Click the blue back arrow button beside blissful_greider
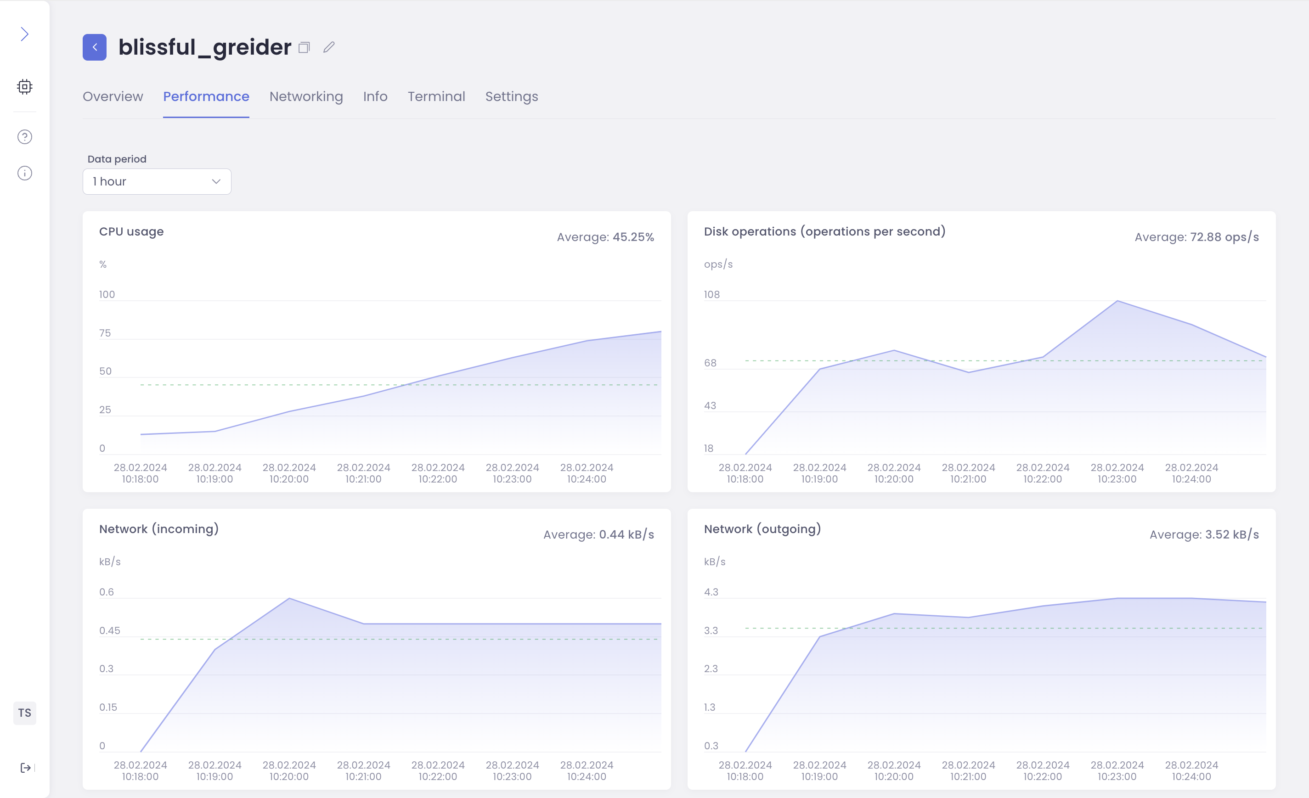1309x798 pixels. click(95, 47)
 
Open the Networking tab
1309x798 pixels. click(306, 96)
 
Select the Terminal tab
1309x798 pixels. click(436, 96)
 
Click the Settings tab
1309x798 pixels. click(511, 96)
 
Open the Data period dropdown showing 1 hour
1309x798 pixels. click(157, 181)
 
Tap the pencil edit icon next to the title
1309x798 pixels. click(329, 47)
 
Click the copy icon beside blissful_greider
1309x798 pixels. click(304, 48)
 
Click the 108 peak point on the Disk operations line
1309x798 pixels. click(1117, 301)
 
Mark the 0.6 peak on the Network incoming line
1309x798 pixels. click(289, 598)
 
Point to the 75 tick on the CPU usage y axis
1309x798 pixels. click(105, 333)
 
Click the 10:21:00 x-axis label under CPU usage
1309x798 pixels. click(363, 473)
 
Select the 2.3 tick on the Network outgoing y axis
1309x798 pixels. click(711, 669)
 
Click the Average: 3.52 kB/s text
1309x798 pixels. click(1204, 534)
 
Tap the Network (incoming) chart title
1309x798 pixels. click(159, 529)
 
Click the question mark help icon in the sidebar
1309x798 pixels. click(24, 137)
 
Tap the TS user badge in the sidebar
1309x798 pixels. click(24, 713)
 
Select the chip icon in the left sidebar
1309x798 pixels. click(24, 86)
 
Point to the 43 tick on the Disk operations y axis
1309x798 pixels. click(710, 405)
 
